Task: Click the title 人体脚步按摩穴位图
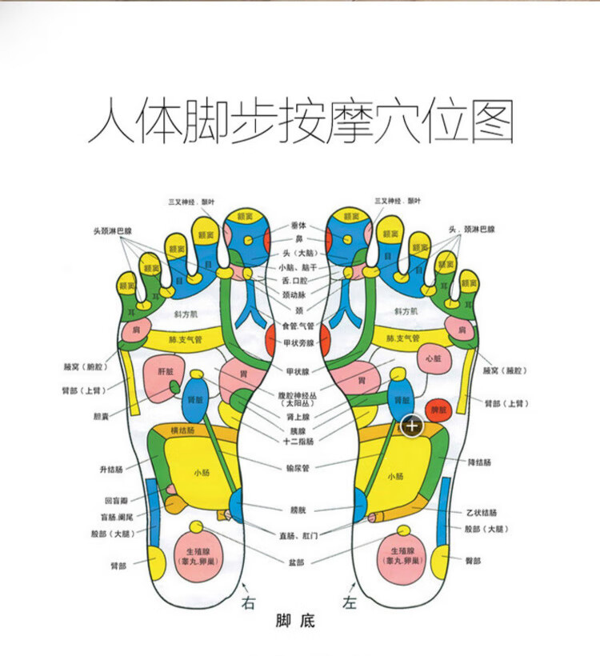point(300,122)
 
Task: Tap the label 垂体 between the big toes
point(298,226)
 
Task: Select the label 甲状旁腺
point(298,342)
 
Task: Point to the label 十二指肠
point(298,441)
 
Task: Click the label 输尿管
point(298,468)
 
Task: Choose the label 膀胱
point(298,509)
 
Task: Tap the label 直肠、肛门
point(298,535)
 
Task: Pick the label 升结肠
point(112,469)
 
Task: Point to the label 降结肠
point(481,462)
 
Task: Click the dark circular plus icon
point(412,426)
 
